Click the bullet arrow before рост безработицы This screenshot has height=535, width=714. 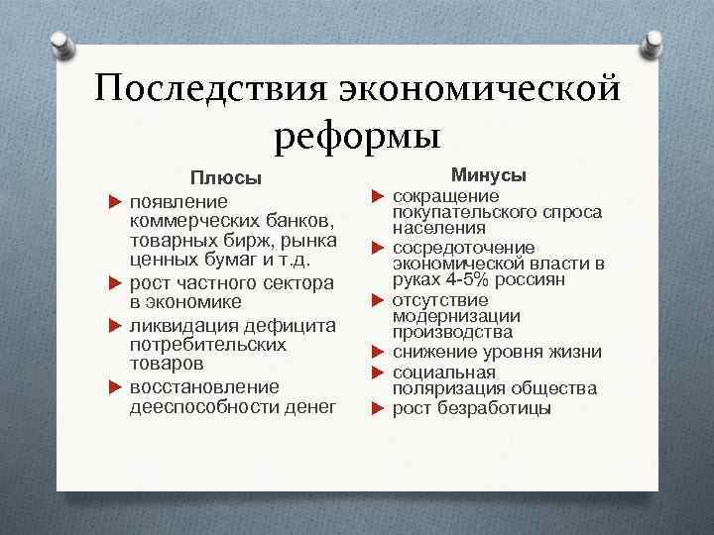click(x=378, y=408)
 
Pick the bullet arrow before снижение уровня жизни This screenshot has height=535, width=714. click(x=378, y=352)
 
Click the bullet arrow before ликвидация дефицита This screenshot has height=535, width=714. click(x=112, y=326)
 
